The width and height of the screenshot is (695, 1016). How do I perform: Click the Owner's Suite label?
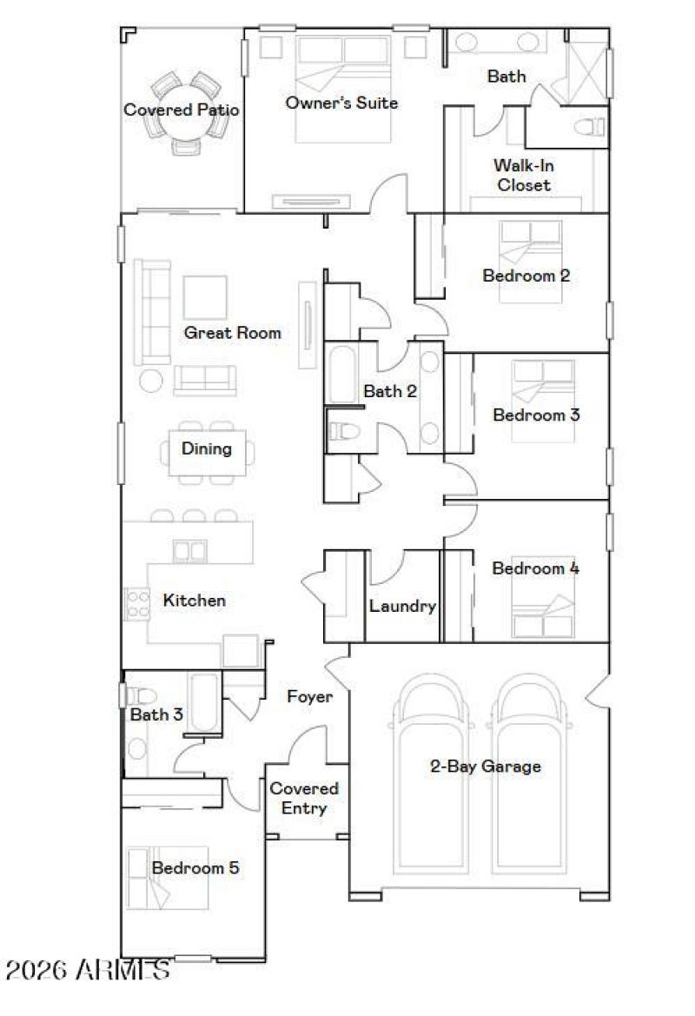[341, 103]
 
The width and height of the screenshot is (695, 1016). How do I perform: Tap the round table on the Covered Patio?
[184, 111]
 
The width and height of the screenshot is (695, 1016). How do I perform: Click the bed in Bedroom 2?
[530, 260]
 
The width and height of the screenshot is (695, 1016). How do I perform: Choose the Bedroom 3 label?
[536, 415]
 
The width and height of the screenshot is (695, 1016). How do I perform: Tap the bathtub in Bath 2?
[341, 375]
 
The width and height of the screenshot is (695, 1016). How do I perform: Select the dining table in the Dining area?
[207, 449]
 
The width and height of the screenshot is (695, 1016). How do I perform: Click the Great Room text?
[232, 332]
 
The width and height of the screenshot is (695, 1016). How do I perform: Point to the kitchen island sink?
[183, 551]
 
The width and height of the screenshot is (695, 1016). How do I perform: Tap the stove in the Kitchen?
[137, 602]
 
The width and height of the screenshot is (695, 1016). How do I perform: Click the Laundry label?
[401, 606]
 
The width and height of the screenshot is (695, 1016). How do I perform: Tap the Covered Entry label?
[304, 798]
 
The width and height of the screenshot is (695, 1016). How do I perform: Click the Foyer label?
[310, 696]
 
